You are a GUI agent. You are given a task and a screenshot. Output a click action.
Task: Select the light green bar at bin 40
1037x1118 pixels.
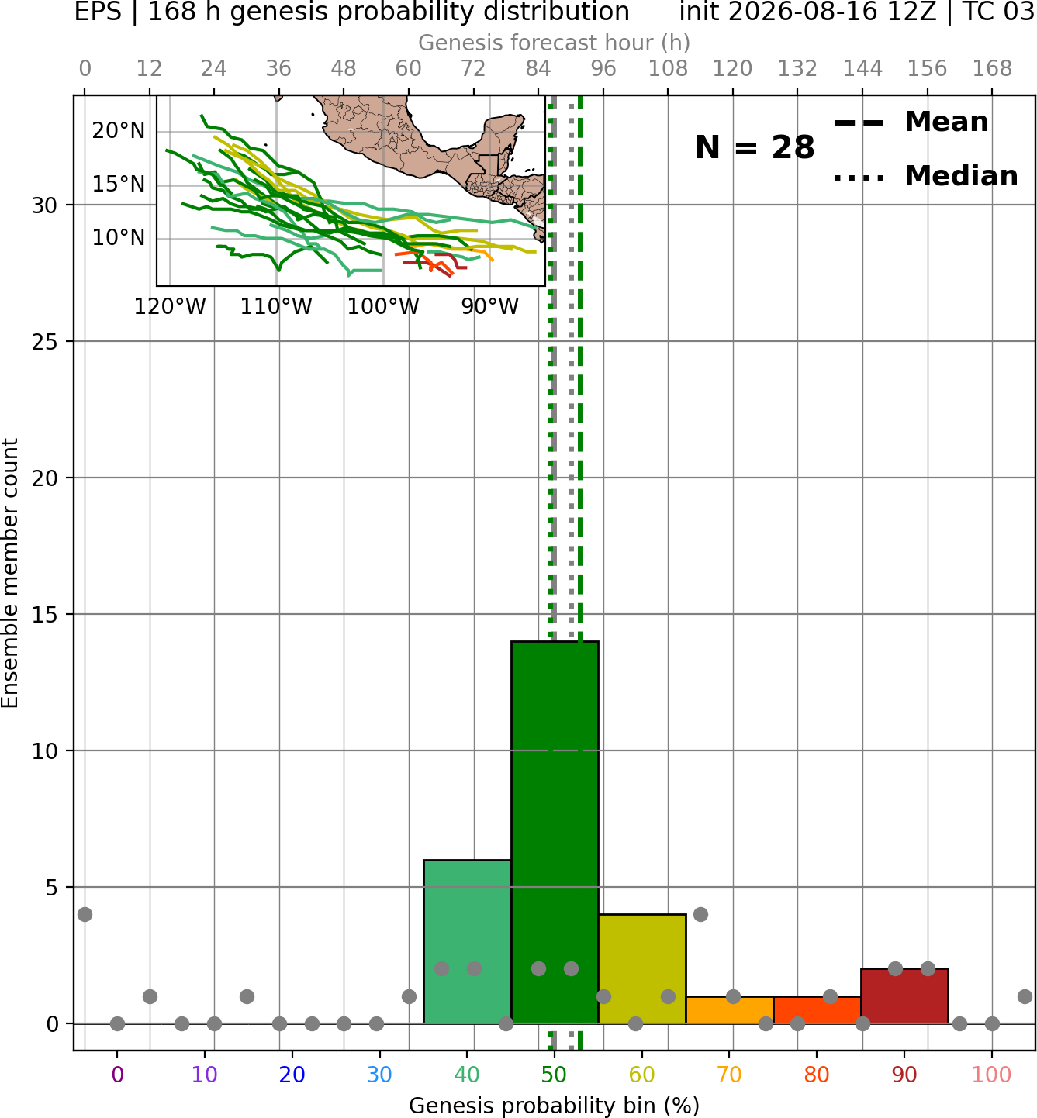[467, 941]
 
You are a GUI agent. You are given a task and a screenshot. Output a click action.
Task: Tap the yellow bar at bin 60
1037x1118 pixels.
[641, 969]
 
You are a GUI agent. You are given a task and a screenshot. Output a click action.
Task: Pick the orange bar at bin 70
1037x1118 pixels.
[729, 1010]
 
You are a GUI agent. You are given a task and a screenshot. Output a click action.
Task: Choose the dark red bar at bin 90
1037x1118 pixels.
[904, 996]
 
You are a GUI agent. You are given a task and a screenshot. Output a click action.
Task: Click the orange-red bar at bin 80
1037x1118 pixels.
[817, 1010]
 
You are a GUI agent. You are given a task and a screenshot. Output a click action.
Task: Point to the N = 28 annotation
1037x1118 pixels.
[755, 147]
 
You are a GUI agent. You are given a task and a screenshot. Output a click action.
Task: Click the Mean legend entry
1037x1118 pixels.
[911, 122]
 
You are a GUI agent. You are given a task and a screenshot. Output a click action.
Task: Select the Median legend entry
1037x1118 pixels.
[925, 176]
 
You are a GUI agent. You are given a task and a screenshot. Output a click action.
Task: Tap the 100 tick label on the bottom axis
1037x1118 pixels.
[991, 1075]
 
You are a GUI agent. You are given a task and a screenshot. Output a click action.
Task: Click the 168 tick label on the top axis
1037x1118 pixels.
[992, 69]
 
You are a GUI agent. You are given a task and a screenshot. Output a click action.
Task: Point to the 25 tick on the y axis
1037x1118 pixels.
[45, 341]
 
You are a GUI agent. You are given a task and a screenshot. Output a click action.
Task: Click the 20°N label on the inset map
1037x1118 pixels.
[119, 130]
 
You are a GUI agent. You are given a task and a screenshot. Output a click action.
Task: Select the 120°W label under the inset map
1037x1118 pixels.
[170, 307]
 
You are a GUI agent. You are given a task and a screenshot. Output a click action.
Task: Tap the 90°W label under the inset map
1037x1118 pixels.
[489, 307]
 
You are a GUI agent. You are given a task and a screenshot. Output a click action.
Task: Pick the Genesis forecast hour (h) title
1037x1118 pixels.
[555, 43]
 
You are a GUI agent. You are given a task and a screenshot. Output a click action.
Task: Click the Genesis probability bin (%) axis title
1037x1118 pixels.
[555, 1106]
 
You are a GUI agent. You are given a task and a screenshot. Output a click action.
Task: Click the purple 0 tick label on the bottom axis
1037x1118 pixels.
[117, 1075]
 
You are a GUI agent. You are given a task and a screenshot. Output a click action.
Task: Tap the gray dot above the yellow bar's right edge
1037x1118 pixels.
[700, 914]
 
